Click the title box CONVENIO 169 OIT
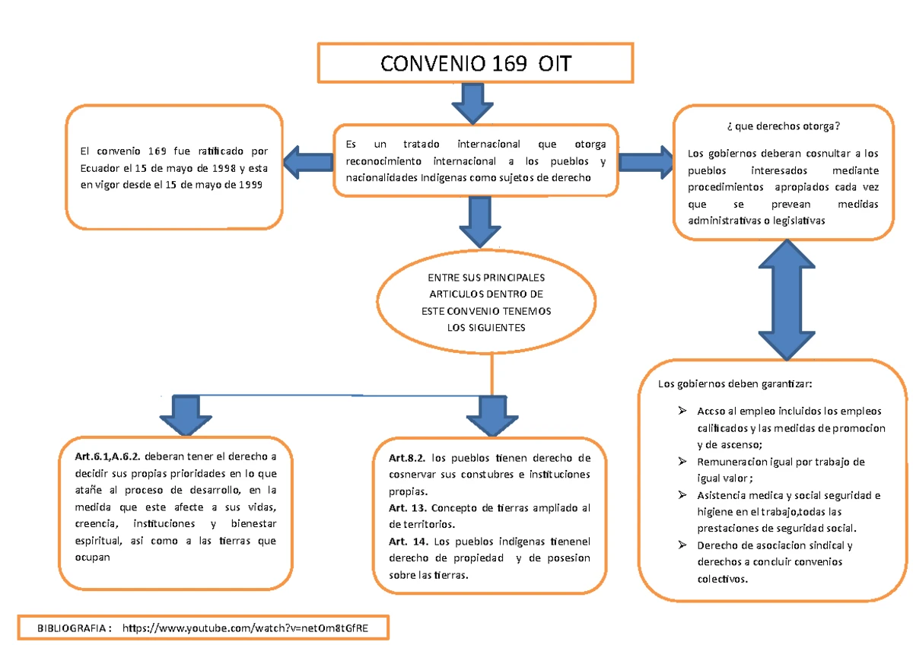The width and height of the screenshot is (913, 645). pos(474,63)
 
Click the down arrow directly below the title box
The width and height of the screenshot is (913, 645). pos(473,103)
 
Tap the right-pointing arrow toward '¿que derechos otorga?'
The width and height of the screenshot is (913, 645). pos(645,161)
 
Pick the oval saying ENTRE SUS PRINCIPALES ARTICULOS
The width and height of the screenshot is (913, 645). pos(486,303)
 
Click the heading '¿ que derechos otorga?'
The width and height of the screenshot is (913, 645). pos(784,126)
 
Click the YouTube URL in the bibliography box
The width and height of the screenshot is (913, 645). pos(251,628)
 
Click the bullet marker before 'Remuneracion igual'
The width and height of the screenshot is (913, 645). pos(682,462)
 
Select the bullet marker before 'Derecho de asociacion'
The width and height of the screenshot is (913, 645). pos(682,545)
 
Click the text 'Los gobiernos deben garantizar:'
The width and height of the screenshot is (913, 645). pos(735,383)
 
